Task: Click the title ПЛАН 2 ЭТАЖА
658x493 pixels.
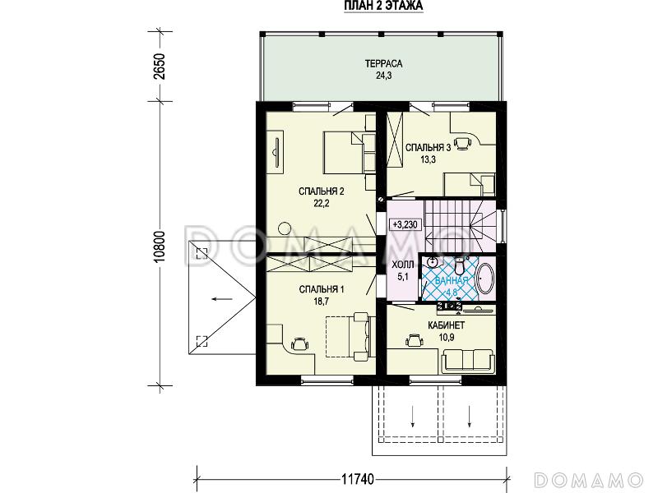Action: click(x=383, y=6)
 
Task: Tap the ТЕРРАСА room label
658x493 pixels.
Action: click(x=383, y=64)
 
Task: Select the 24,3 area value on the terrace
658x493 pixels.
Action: click(x=383, y=76)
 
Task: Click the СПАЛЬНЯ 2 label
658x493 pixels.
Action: click(x=322, y=191)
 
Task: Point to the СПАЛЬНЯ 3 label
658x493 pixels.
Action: click(x=428, y=148)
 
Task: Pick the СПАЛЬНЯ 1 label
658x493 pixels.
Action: click(x=322, y=290)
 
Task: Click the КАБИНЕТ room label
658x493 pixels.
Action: click(x=446, y=325)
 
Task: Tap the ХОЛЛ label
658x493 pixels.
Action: click(x=403, y=265)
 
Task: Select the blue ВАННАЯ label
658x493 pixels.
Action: click(x=451, y=281)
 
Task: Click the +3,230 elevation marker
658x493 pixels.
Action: click(x=405, y=224)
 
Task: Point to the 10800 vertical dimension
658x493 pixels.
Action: click(x=160, y=246)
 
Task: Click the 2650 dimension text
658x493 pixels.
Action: click(x=160, y=67)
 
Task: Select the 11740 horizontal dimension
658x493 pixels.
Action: click(x=357, y=479)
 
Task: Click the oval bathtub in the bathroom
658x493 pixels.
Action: click(x=486, y=278)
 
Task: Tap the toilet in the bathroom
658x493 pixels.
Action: click(x=460, y=265)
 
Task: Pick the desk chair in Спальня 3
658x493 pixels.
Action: click(x=463, y=143)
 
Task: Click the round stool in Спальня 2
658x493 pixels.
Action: click(x=285, y=228)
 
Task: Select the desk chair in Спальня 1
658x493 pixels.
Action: click(x=299, y=343)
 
